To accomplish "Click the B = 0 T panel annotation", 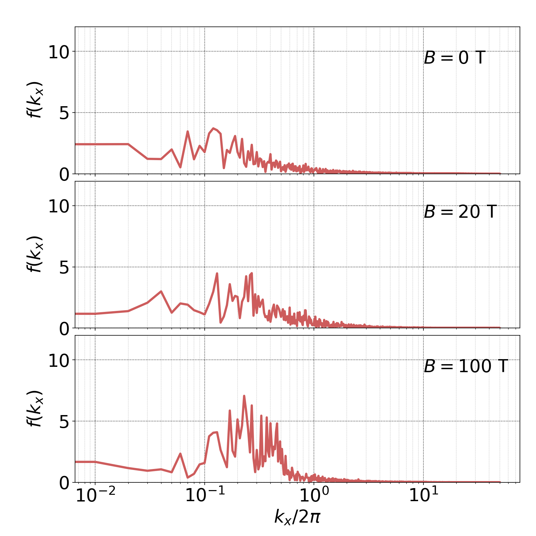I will [454, 58].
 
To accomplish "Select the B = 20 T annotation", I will [460, 212].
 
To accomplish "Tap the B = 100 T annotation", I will [466, 366].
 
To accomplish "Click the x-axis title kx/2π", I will [297, 517].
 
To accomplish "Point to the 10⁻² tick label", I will [95, 495].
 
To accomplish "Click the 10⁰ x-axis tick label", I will [314, 495].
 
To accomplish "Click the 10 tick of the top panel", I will [59, 53].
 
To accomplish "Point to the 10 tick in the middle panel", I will [59, 207].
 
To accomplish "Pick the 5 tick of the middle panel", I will [64, 268].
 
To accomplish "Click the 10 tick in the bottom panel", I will [59, 361].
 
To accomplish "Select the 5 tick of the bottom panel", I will [64, 422].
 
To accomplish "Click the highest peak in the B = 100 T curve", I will [244, 396].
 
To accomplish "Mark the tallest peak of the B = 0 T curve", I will [213, 128].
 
